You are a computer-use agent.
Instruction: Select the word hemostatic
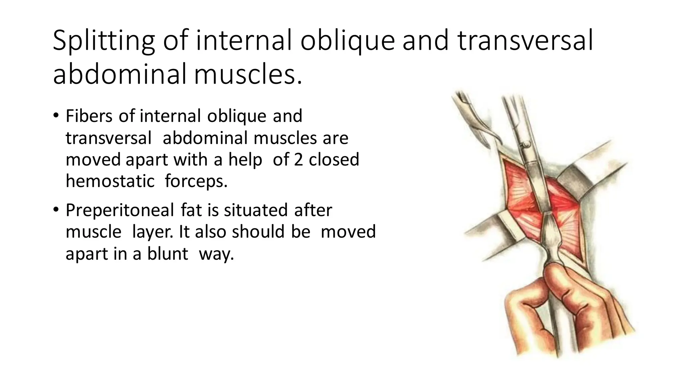(x=110, y=181)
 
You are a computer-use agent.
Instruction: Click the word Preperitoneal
(x=120, y=211)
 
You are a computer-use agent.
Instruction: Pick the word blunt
(x=167, y=254)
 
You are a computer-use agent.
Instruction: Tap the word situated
(x=256, y=210)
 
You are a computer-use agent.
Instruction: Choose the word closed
(x=334, y=160)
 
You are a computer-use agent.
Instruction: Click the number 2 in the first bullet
(x=298, y=160)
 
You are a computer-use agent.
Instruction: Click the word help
(x=245, y=160)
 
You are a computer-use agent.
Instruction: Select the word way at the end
(x=216, y=254)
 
